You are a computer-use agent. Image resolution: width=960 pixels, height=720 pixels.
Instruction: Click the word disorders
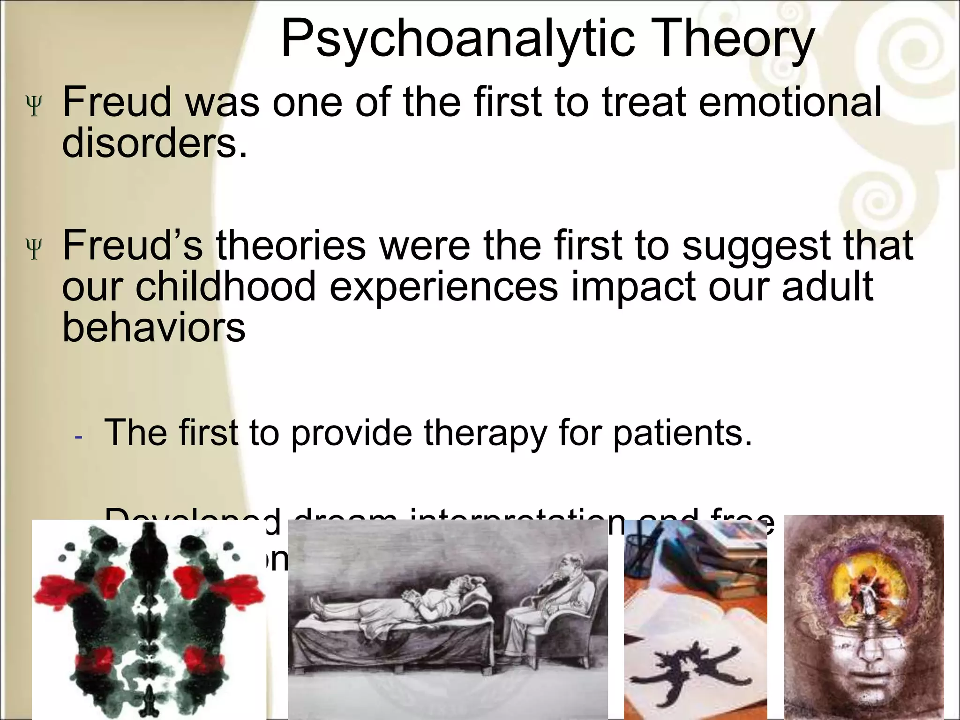(x=154, y=142)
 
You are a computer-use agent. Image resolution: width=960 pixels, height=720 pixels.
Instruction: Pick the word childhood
(x=226, y=286)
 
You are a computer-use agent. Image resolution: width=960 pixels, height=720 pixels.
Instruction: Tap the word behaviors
(x=154, y=327)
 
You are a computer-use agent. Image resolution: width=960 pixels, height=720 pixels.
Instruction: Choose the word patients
(x=682, y=432)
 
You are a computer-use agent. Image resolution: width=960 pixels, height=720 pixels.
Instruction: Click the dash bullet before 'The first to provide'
(x=78, y=436)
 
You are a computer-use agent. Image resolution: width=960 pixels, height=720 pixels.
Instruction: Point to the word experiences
(x=443, y=287)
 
